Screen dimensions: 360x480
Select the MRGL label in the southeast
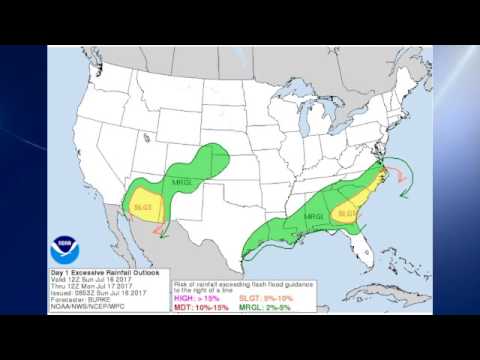click(314, 216)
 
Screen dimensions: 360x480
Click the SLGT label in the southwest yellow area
click(142, 207)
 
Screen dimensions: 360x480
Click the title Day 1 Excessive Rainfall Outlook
click(98, 271)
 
